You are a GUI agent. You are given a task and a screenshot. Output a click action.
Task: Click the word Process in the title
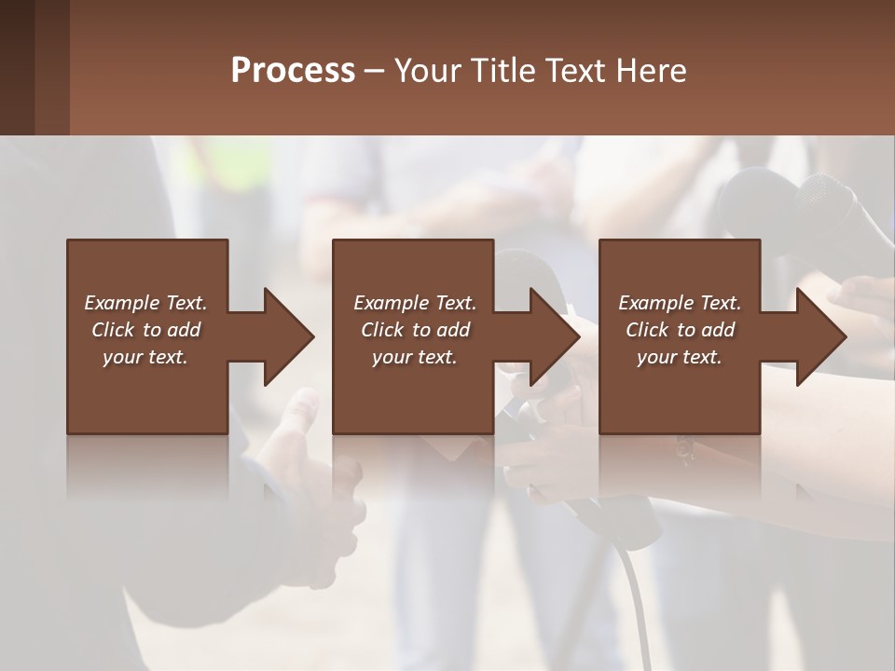(293, 71)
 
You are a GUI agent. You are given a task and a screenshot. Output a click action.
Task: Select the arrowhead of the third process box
(820, 336)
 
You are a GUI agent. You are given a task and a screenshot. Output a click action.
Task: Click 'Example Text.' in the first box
(145, 303)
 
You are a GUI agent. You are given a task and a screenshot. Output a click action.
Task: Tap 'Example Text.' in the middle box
(415, 303)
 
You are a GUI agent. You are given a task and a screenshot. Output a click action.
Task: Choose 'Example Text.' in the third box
(680, 303)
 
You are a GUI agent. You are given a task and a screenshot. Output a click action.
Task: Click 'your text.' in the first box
(145, 357)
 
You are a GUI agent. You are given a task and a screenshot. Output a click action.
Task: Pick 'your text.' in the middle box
(415, 357)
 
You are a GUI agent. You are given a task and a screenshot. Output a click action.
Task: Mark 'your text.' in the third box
(680, 357)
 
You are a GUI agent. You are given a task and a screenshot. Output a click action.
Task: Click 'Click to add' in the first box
(145, 330)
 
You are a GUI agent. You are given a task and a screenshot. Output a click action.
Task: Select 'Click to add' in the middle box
(415, 330)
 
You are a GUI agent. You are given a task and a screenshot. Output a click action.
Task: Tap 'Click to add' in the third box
(680, 330)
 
